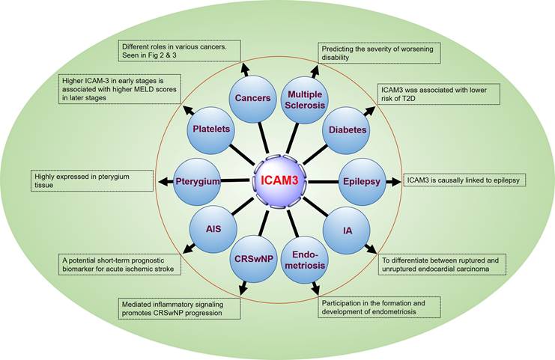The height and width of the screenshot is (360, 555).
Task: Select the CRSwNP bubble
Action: click(x=253, y=258)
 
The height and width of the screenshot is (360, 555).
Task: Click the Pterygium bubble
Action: click(x=196, y=180)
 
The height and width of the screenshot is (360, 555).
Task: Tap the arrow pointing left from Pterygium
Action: click(x=164, y=180)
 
